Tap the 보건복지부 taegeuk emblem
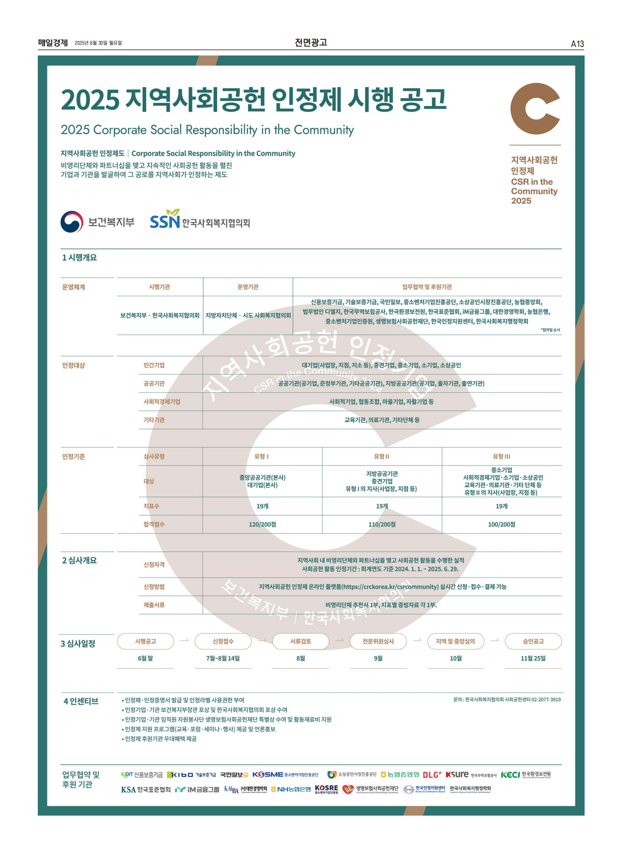(x=72, y=222)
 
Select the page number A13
(x=577, y=44)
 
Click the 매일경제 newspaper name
(x=53, y=43)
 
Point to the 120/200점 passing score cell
(x=262, y=525)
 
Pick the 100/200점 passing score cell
(x=501, y=525)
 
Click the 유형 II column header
(x=382, y=457)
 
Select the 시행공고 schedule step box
(x=146, y=642)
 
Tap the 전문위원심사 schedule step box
(x=378, y=642)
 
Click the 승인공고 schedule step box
(x=533, y=642)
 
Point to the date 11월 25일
(x=533, y=658)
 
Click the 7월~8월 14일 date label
(x=223, y=658)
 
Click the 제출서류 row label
(x=154, y=605)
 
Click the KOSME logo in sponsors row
(x=268, y=775)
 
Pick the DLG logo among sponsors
(x=432, y=775)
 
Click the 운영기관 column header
(x=248, y=287)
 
